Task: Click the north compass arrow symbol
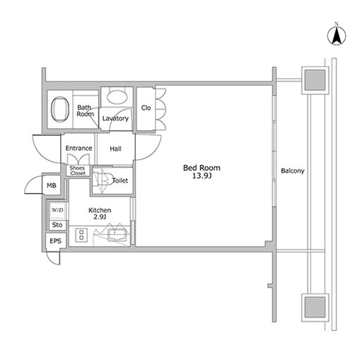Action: click(337, 35)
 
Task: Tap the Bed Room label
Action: click(202, 168)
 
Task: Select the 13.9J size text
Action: click(202, 176)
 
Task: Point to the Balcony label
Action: click(293, 170)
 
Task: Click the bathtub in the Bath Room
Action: click(60, 109)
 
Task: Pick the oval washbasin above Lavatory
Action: click(117, 97)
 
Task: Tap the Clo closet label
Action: click(146, 108)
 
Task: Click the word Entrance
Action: click(79, 149)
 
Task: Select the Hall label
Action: click(115, 149)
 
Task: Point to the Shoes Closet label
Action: click(77, 170)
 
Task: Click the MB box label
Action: click(52, 185)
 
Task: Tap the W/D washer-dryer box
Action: click(57, 210)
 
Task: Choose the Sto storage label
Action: click(57, 225)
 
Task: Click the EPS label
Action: click(55, 241)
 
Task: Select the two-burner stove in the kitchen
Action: click(81, 235)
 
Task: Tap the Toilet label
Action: click(120, 180)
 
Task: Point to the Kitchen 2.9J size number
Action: click(100, 217)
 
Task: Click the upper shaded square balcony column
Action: click(315, 80)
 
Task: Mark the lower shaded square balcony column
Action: click(315, 308)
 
